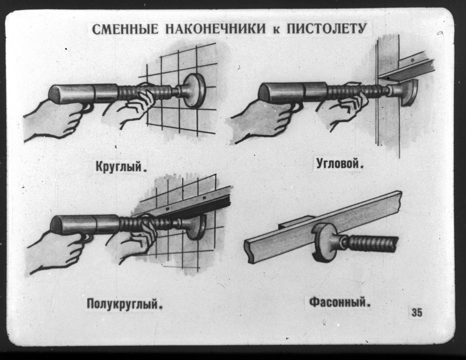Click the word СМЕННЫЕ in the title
126,30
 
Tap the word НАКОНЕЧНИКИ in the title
216,30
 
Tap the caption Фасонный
340,303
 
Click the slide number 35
417,313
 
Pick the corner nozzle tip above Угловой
409,93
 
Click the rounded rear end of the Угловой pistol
265,93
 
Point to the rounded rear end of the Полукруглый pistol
57,224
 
